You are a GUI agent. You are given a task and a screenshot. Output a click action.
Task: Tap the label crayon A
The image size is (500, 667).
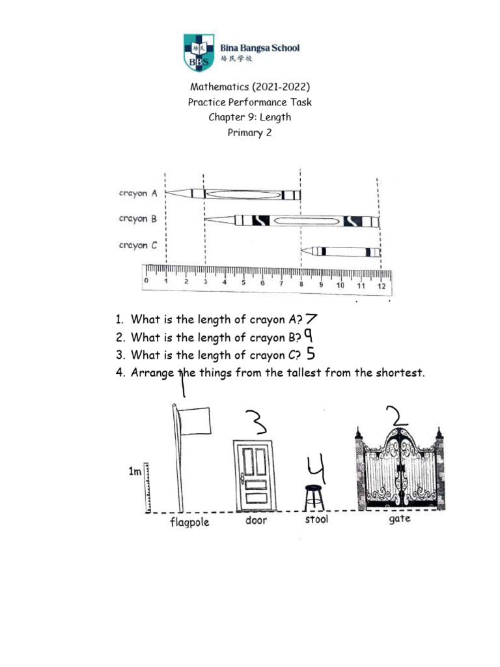point(138,193)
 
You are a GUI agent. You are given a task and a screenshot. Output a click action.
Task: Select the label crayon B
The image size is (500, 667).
point(138,220)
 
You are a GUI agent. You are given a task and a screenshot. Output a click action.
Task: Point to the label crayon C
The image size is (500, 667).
point(138,246)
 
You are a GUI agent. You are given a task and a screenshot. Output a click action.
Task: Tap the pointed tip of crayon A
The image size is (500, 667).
point(171,193)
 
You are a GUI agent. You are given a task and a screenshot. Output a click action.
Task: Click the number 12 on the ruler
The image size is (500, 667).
point(382,286)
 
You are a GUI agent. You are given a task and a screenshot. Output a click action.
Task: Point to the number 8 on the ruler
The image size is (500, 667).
point(301,284)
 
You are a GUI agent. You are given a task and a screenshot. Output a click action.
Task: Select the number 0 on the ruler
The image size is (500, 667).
point(146,281)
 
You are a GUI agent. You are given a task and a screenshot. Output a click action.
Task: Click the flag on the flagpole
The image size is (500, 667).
point(195,421)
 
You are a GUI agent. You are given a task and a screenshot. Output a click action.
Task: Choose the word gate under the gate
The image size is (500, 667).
point(399,520)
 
